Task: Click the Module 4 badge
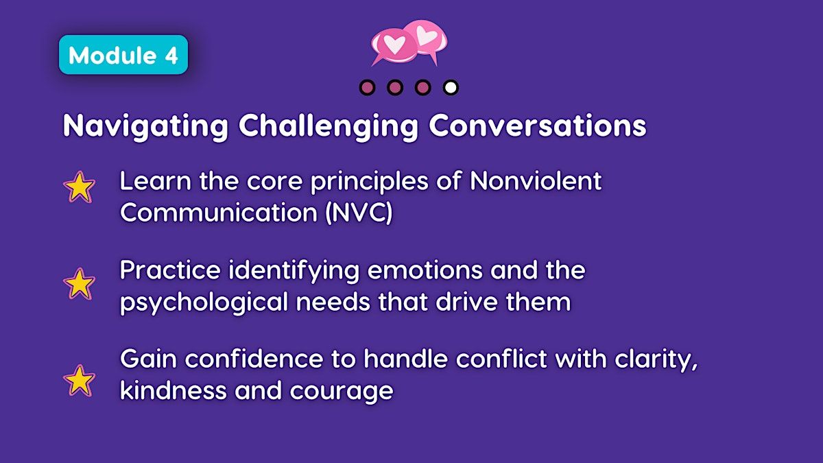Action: (x=123, y=55)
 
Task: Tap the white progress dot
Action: (x=451, y=88)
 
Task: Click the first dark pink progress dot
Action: (x=368, y=88)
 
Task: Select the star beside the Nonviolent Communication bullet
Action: (x=79, y=187)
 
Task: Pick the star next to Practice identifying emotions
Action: (x=79, y=284)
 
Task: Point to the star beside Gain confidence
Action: (x=79, y=380)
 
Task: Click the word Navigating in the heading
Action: (x=146, y=126)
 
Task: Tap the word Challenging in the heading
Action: (x=329, y=126)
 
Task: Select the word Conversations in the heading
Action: (x=538, y=126)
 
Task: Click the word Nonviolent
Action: (x=536, y=181)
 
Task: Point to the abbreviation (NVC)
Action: (x=359, y=213)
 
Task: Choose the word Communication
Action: (x=219, y=213)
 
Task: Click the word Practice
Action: (x=170, y=270)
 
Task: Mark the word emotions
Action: (x=425, y=271)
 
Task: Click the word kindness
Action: (x=174, y=390)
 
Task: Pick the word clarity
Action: (x=656, y=360)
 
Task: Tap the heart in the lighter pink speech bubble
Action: (x=426, y=36)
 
